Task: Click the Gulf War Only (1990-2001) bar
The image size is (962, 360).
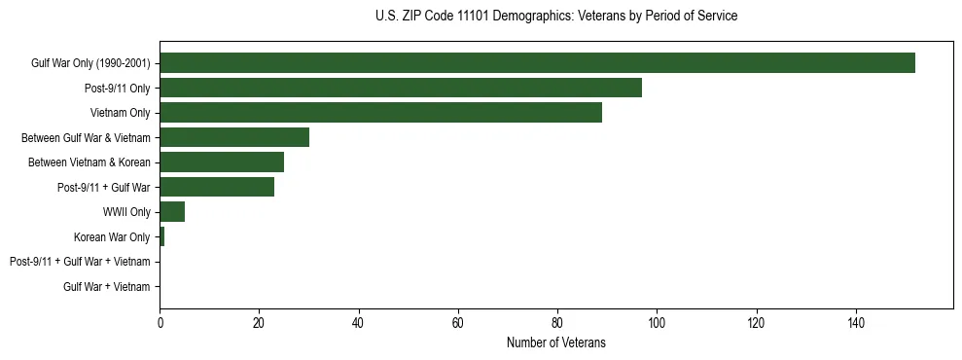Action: pyautogui.click(x=537, y=63)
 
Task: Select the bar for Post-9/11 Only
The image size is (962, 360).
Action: pyautogui.click(x=401, y=88)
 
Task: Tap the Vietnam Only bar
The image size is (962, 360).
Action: pyautogui.click(x=380, y=113)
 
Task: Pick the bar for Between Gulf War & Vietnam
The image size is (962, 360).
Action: pyautogui.click(x=234, y=137)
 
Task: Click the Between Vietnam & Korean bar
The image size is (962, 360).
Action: pyautogui.click(x=222, y=162)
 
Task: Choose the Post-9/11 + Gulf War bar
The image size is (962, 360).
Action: pyautogui.click(x=217, y=187)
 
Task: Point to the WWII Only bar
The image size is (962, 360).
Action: pyautogui.click(x=172, y=212)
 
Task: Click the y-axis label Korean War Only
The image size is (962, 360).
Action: pyautogui.click(x=112, y=236)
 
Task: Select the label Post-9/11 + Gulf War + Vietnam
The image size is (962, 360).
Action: pyautogui.click(x=80, y=262)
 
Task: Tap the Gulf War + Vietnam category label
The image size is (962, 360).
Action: pyautogui.click(x=107, y=286)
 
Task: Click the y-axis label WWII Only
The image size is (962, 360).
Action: pyautogui.click(x=126, y=212)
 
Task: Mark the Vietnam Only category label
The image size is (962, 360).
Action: pyautogui.click(x=120, y=113)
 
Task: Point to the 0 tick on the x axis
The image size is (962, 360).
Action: pyautogui.click(x=160, y=322)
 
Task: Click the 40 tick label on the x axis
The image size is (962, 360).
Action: pyautogui.click(x=359, y=322)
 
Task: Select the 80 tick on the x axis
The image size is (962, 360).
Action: pyautogui.click(x=557, y=322)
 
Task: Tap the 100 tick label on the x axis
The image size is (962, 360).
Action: pyautogui.click(x=657, y=322)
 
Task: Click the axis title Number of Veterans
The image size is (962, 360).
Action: pyautogui.click(x=556, y=342)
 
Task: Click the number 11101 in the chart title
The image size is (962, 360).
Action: pyautogui.click(x=471, y=17)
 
